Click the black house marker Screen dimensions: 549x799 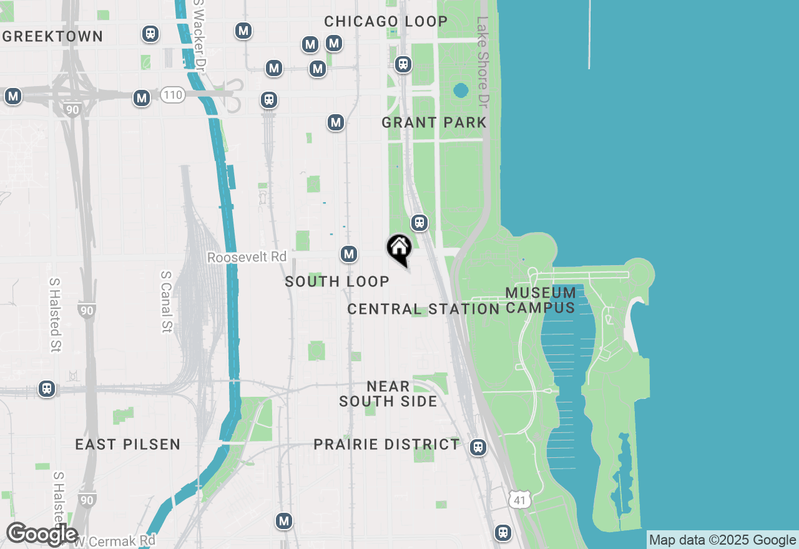click(399, 248)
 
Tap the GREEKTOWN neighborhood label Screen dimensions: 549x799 click(52, 36)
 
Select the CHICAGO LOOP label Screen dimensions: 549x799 click(386, 21)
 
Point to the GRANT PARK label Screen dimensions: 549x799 click(434, 122)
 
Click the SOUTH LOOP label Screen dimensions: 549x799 click(337, 281)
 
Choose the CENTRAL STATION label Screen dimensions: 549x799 click(423, 309)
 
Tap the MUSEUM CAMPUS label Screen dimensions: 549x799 click(541, 300)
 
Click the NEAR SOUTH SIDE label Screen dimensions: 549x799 click(388, 394)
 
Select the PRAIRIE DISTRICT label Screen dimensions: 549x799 click(386, 444)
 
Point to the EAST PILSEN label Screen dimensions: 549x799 click(128, 444)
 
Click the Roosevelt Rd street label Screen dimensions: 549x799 click(247, 257)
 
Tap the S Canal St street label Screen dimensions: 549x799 click(166, 301)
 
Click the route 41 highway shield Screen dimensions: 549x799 click(520, 498)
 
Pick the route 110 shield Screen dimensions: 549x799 click(172, 95)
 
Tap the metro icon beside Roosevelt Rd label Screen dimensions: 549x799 click(349, 254)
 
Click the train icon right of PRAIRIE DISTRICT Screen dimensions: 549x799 click(478, 447)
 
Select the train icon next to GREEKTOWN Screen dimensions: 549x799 click(150, 34)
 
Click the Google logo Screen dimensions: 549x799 click(42, 534)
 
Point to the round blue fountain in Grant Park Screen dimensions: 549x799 click(461, 91)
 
